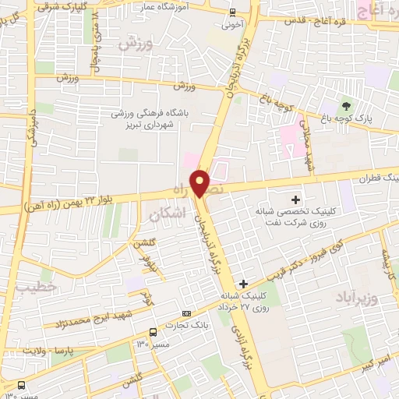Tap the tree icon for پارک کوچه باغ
click(345, 105)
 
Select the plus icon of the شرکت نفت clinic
click(296, 199)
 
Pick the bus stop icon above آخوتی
click(232, 12)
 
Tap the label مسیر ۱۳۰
click(150, 343)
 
